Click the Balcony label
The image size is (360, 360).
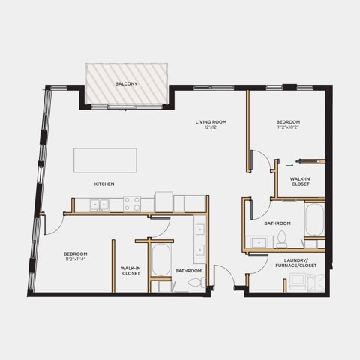(126, 83)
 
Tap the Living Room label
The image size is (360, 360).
(211, 122)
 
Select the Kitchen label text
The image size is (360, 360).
(104, 184)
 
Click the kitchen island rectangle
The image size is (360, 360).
(105, 160)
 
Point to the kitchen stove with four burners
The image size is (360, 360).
(132, 204)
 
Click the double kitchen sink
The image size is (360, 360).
(100, 205)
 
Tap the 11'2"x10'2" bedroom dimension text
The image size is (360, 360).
(288, 127)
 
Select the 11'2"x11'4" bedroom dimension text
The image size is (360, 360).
(76, 259)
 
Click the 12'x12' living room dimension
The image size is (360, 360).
(211, 127)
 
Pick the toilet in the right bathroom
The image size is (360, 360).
(282, 238)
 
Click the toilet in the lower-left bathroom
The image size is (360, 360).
(197, 283)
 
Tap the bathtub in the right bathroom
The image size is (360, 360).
(315, 220)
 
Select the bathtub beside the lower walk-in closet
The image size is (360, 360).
(161, 259)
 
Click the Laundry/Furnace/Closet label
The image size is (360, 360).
(296, 262)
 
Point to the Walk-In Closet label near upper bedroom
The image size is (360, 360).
(300, 181)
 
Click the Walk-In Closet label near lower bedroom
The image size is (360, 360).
(130, 271)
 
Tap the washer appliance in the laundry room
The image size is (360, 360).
(298, 282)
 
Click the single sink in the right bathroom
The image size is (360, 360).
(259, 242)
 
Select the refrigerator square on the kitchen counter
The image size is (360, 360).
(164, 202)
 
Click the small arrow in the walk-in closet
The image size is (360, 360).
(289, 165)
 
